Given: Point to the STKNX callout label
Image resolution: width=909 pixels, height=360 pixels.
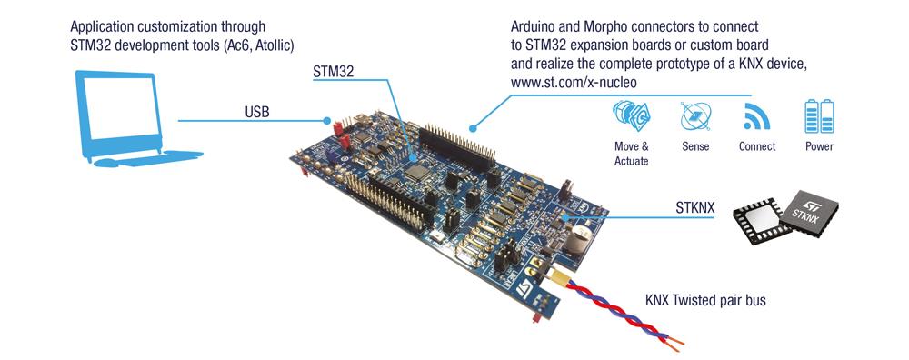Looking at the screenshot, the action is [x=695, y=210].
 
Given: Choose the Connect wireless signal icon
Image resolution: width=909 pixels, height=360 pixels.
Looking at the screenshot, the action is [x=756, y=117].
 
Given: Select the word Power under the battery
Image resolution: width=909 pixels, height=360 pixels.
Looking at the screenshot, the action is [x=818, y=145].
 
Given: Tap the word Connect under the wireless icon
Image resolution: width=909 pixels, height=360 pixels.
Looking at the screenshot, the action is [x=756, y=145].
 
